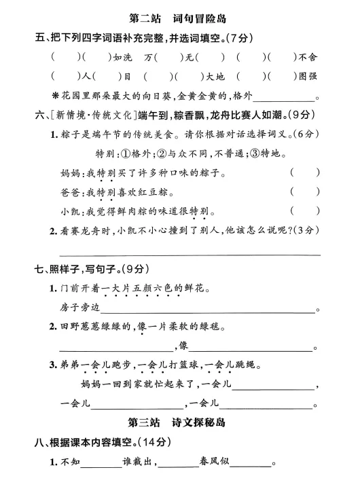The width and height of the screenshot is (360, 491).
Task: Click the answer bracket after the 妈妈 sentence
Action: [304, 173]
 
